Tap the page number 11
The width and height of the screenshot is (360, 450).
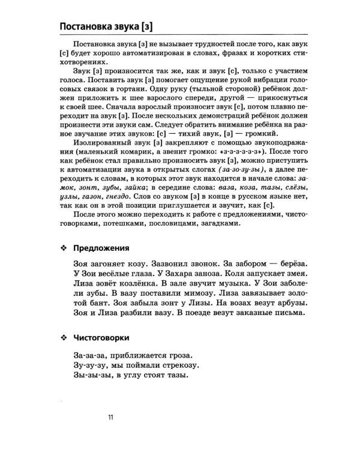tap(110, 418)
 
